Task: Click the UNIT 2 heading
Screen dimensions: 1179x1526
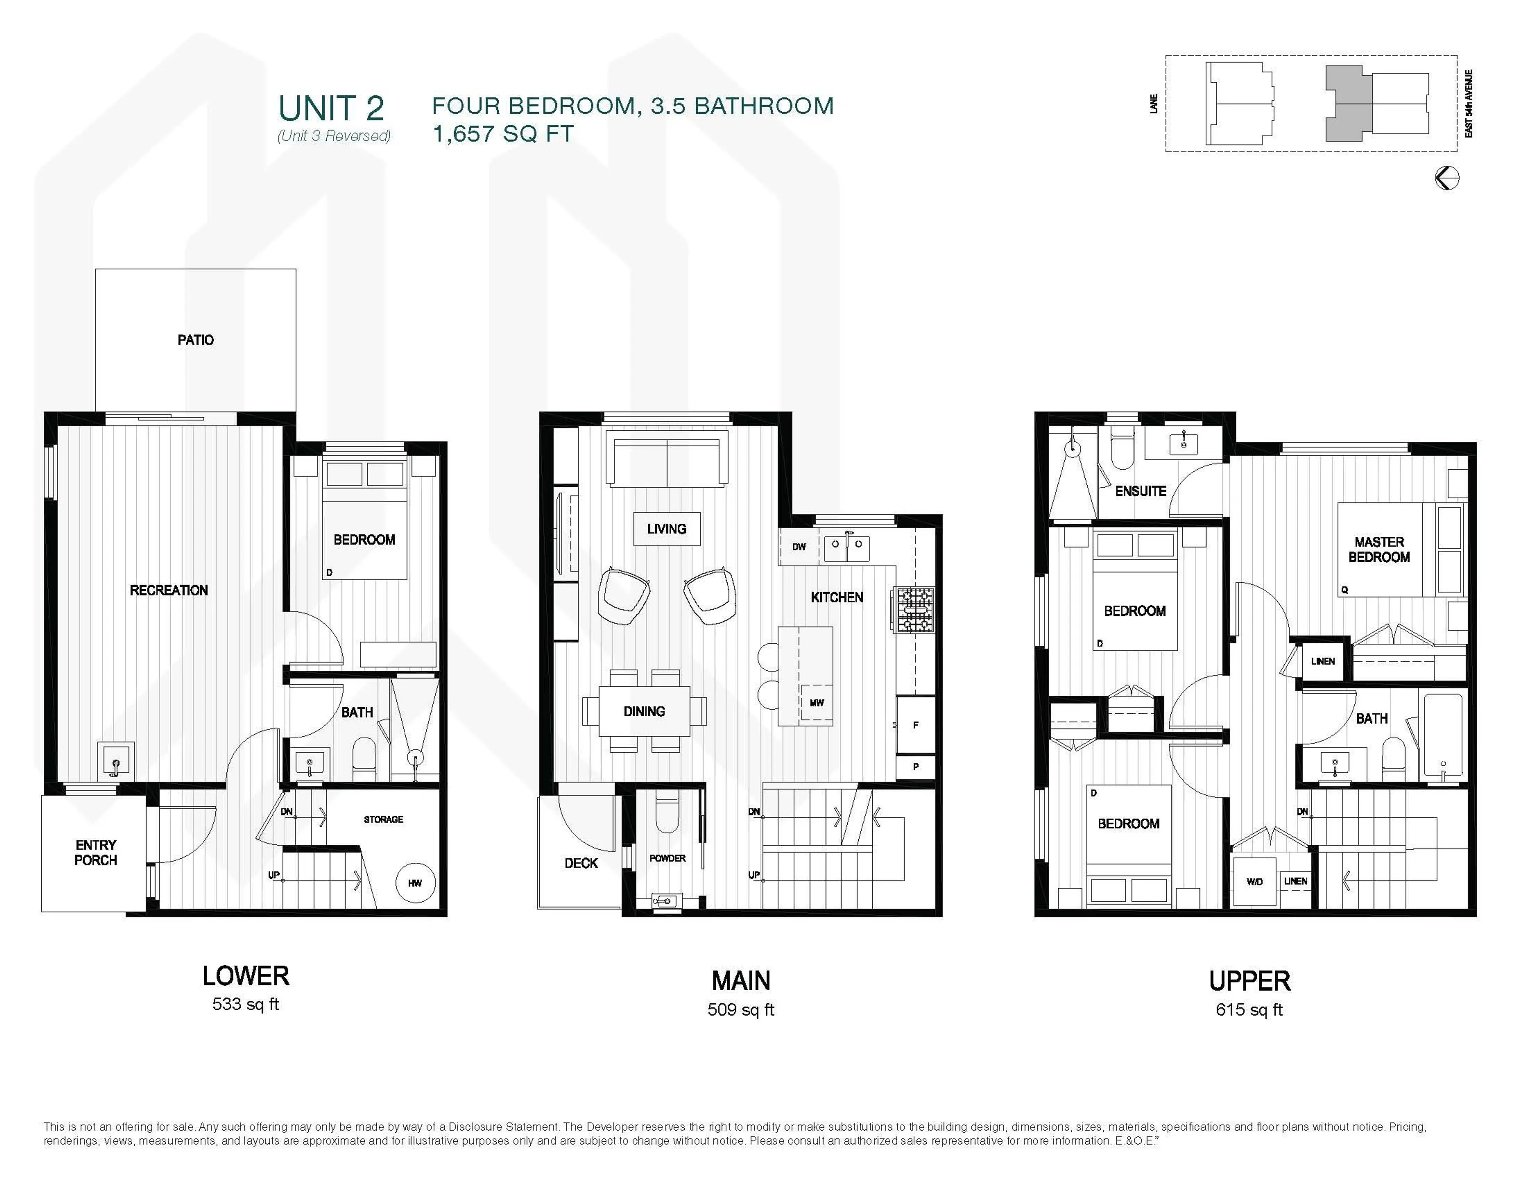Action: [x=331, y=108]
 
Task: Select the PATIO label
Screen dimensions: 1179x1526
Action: [x=196, y=341]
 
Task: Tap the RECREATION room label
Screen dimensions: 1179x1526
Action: [x=168, y=590]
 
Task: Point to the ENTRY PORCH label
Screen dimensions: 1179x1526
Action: [x=96, y=853]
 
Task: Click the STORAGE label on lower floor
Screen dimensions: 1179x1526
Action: [x=383, y=819]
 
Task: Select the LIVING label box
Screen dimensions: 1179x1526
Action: [x=666, y=529]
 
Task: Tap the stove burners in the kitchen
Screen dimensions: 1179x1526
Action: [x=915, y=610]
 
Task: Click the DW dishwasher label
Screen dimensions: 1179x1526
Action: [x=799, y=546]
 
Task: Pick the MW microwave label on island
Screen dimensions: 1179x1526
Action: [x=816, y=703]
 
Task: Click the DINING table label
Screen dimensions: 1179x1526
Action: [x=643, y=711]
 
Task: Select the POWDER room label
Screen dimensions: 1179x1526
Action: [x=667, y=858]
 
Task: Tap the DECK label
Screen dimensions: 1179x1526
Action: [x=581, y=863]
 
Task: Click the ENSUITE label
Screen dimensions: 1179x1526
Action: [x=1140, y=491]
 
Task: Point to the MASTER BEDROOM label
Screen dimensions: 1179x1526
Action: [x=1379, y=549]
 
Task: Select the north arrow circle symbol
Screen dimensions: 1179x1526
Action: [x=1447, y=178]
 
